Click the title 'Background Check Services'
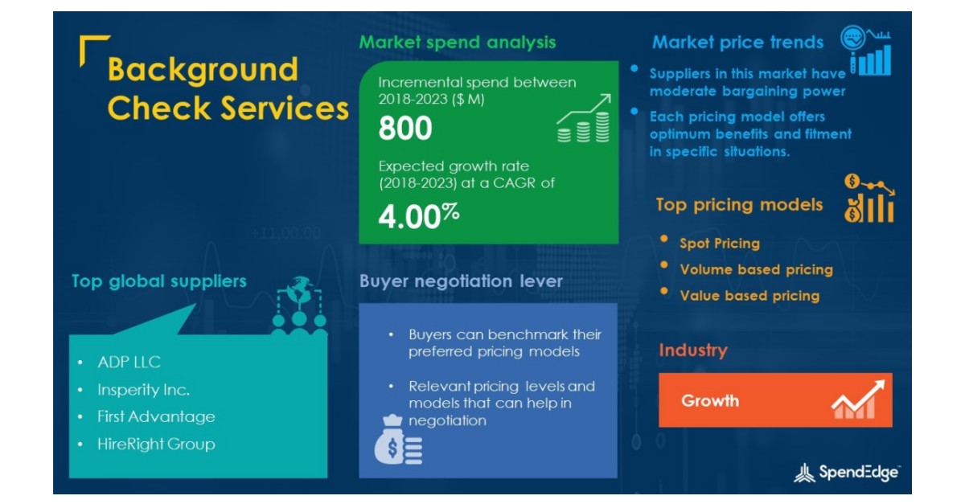pos(227,88)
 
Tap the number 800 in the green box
pos(405,129)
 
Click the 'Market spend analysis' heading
pos(457,43)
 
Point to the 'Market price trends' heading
pos(737,43)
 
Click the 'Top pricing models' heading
pos(739,205)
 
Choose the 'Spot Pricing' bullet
pos(719,244)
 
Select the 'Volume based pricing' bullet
pos(756,270)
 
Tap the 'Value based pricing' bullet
pos(749,296)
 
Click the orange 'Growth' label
pos(710,400)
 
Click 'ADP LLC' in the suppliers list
pos(129,363)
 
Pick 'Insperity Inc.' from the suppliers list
pos(144,390)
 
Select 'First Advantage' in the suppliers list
pos(156,416)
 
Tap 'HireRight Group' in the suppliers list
pos(156,444)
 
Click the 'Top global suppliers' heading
pos(158,281)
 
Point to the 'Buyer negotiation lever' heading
pos(461,281)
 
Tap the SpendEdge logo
pos(846,473)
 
